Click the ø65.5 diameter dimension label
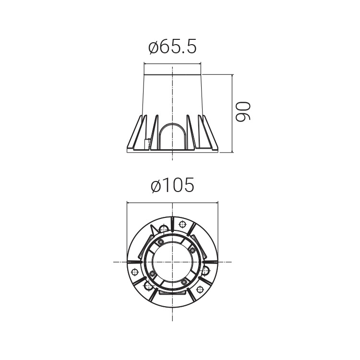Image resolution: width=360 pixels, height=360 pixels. [172, 48]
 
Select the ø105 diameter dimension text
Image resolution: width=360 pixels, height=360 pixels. [172, 185]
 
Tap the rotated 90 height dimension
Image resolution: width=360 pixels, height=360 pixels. [243, 111]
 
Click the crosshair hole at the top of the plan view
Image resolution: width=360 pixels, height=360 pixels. [183, 224]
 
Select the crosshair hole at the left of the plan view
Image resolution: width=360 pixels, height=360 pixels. [135, 272]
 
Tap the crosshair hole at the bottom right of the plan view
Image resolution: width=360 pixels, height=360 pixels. [200, 289]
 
